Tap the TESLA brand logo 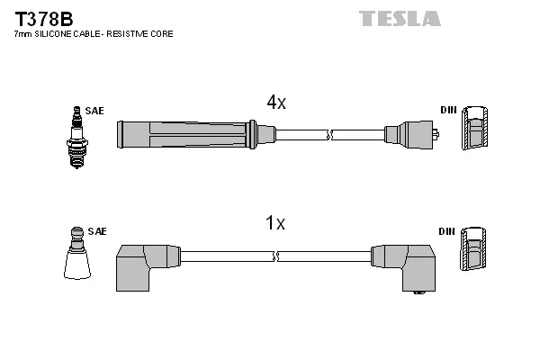point(400,18)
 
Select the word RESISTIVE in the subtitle point(131,33)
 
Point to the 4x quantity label point(275,103)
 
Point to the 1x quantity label point(275,223)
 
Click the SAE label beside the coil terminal point(98,231)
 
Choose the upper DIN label point(448,111)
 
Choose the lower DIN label point(447,231)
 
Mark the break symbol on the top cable point(330,136)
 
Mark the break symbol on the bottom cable point(276,256)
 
